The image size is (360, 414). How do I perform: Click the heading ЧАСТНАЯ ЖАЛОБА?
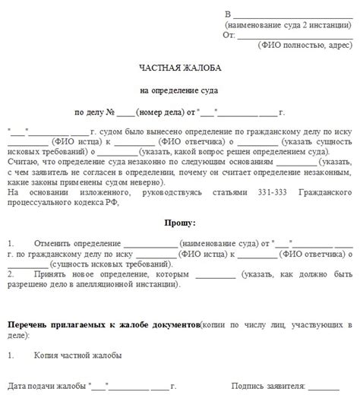tap(180, 68)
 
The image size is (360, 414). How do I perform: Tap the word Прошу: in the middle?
tap(179, 223)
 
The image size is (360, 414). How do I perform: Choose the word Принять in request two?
tap(50, 273)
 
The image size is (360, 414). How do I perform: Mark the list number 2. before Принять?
tap(11, 273)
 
